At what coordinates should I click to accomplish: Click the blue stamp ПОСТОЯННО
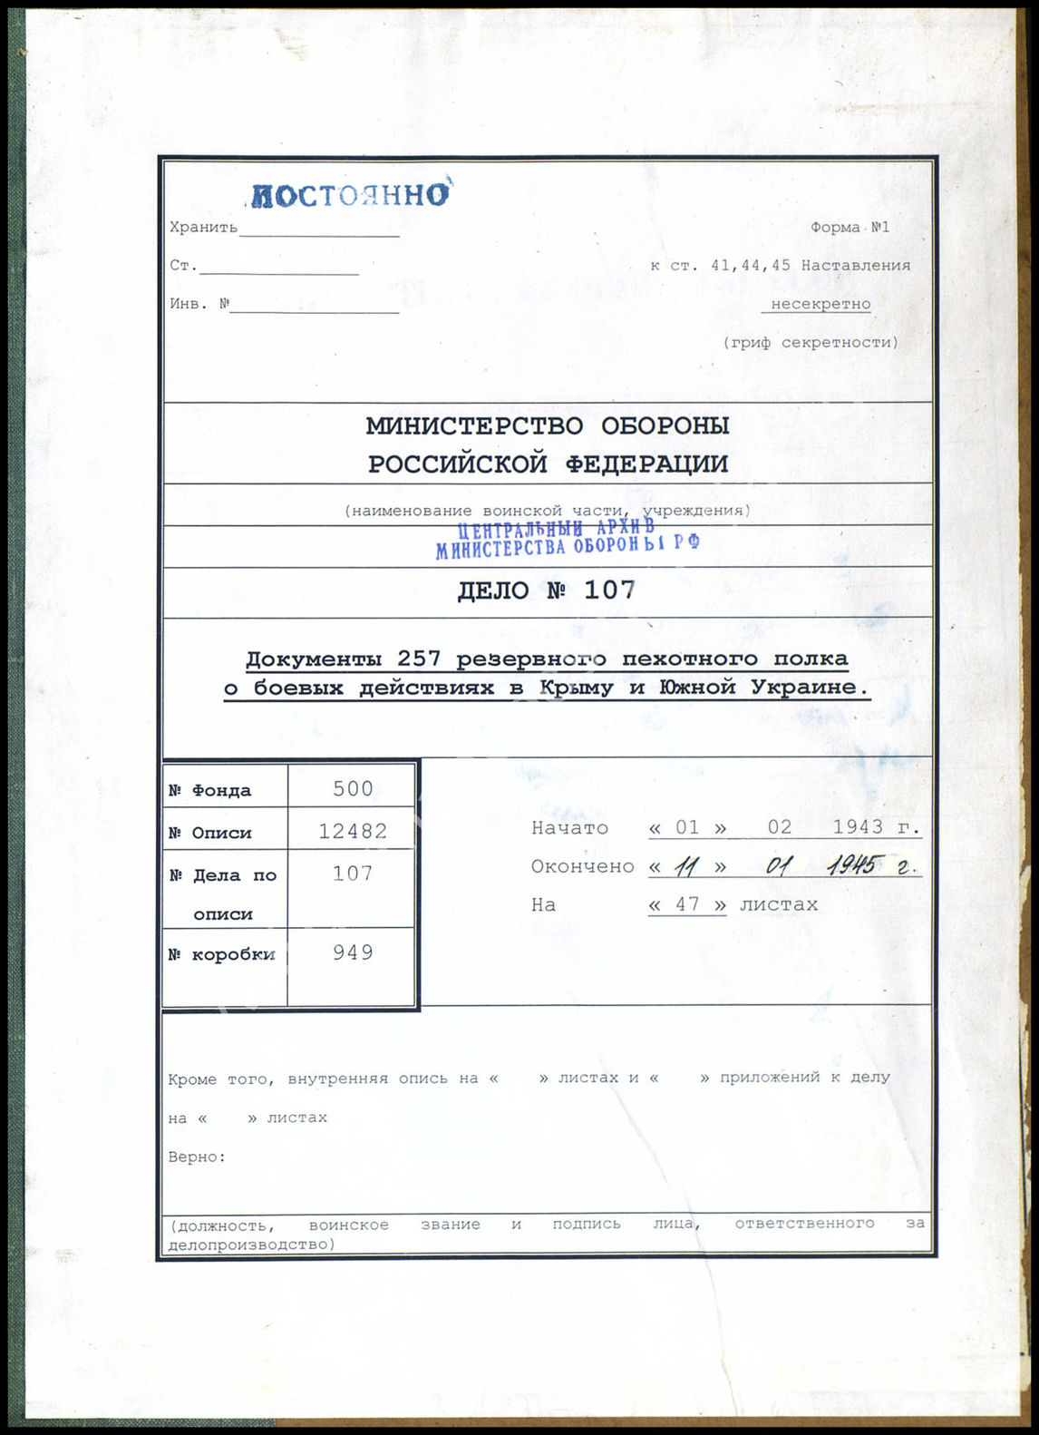pos(350,195)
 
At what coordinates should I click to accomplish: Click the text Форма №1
pos(850,227)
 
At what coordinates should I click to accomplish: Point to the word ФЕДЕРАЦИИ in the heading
pos(646,464)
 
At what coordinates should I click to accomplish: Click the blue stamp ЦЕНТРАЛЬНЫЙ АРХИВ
pos(556,529)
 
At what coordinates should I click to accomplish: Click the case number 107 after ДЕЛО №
pos(609,591)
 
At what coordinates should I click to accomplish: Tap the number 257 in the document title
pos(419,659)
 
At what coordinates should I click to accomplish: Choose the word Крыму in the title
pos(576,688)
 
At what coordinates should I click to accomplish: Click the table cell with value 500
pos(353,788)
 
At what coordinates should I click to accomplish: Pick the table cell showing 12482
pos(353,831)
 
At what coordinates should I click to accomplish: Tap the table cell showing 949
pos(353,952)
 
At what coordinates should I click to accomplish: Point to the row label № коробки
pos(221,955)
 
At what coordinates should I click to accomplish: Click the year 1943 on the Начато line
pos(858,827)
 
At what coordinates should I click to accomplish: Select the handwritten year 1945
pos(851,866)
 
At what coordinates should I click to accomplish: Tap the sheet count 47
pos(686,904)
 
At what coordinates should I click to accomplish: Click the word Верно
pos(196,1157)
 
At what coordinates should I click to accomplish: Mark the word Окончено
pos(582,866)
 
